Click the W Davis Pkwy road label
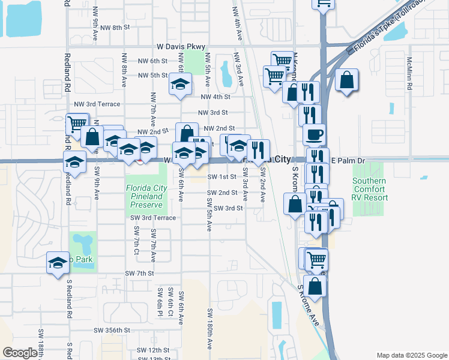pos(181,46)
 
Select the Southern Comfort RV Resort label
pos(369,190)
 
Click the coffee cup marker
pos(314,135)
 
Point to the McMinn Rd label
pos(409,74)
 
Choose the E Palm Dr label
pos(348,161)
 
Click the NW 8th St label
pos(115,28)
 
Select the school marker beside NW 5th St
pos(179,85)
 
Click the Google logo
pos(20,353)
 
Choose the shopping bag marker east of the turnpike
pos(347,80)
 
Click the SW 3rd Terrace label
pos(153,218)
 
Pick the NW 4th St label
pos(215,97)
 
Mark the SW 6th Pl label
pos(160,302)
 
